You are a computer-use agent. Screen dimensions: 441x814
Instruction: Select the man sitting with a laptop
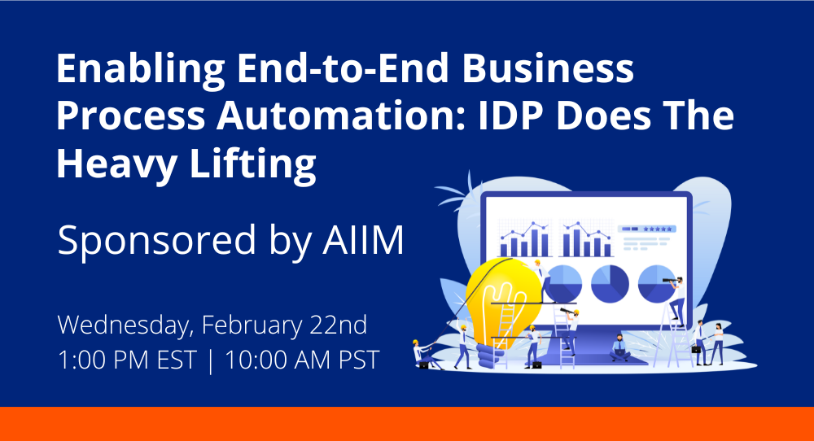619,347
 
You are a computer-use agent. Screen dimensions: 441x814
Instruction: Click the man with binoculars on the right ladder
675,293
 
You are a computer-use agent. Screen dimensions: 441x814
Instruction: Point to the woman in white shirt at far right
718,342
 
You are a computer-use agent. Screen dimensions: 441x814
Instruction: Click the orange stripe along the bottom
407,423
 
